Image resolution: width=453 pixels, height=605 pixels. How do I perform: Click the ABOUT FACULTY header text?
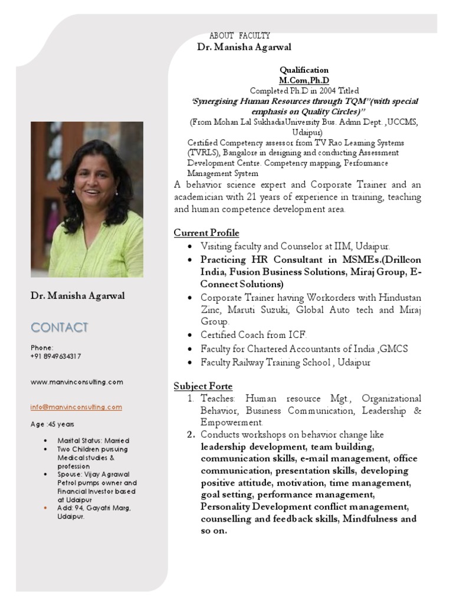pos(239,36)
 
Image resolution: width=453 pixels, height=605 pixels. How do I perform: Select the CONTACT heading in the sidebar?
pos(60,327)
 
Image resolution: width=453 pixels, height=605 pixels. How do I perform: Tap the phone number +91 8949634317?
pos(55,356)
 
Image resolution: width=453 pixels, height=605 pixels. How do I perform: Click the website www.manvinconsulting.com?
pos(77,382)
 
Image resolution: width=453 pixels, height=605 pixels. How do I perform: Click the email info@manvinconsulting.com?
pos(76,406)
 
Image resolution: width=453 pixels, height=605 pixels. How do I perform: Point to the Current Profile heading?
pos(206,233)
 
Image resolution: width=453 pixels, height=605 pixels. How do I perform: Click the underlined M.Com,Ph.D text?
pos(304,80)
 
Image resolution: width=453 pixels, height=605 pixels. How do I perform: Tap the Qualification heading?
pos(304,70)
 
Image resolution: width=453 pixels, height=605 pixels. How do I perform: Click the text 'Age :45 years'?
pos(52,424)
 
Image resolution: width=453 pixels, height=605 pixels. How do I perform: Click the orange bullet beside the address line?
pos(46,508)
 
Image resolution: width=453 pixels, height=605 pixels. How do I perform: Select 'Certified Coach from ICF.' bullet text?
pos(254,334)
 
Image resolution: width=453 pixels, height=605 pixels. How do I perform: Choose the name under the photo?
pos(78,296)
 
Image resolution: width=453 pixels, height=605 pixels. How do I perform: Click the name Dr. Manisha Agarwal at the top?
pos(244,47)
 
